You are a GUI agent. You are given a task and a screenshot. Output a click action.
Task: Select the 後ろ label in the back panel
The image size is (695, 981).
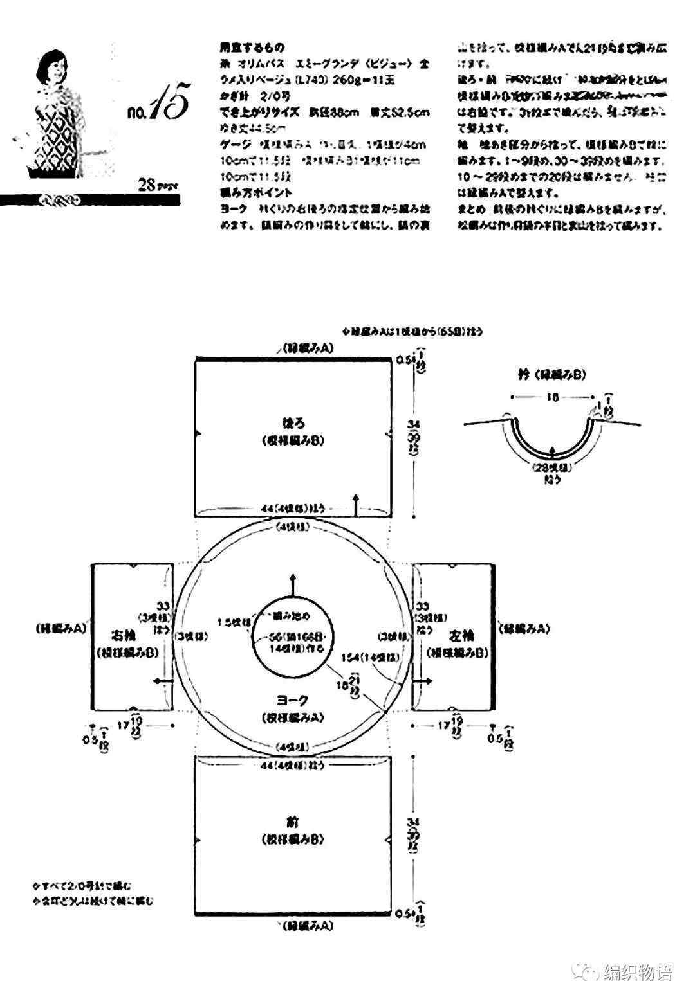(x=293, y=424)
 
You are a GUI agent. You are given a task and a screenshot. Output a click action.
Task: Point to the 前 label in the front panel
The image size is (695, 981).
(x=293, y=822)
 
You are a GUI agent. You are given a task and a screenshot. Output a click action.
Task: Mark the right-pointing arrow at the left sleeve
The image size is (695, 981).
(x=423, y=680)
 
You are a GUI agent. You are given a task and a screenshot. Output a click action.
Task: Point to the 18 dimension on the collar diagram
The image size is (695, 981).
(x=552, y=397)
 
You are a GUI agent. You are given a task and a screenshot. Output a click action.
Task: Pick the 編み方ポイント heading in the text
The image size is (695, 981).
(x=255, y=192)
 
